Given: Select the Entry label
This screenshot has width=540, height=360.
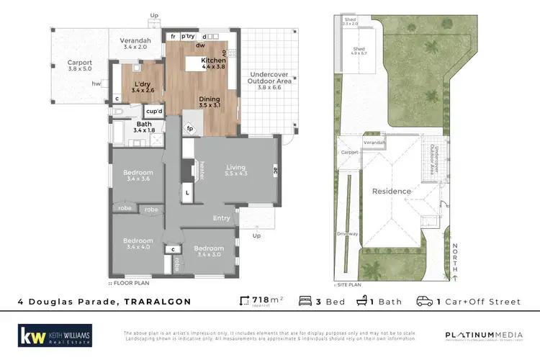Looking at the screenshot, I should point(222,218).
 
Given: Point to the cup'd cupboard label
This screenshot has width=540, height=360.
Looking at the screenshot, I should point(153,112).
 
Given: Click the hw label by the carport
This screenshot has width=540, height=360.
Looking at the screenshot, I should point(96,84).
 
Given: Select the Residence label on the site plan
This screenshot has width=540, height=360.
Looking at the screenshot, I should point(392,192).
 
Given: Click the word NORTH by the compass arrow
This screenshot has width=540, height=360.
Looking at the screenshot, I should point(455,253).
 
